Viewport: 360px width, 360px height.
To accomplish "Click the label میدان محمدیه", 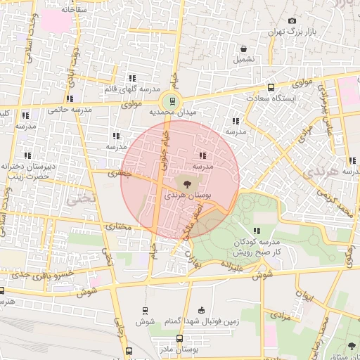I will (172, 111).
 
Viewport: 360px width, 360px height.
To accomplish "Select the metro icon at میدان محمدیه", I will (174, 99).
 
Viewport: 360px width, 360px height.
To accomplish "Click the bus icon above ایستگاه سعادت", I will (271, 89).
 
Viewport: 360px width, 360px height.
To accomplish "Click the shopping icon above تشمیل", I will (243, 49).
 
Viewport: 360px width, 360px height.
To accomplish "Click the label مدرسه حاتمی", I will (67, 110).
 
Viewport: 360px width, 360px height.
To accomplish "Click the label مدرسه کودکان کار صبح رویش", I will (257, 246).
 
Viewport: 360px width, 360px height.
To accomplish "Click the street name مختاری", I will (118, 226).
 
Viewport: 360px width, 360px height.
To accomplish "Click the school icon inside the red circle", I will (203, 155).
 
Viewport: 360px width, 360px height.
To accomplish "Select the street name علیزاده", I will (232, 266).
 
